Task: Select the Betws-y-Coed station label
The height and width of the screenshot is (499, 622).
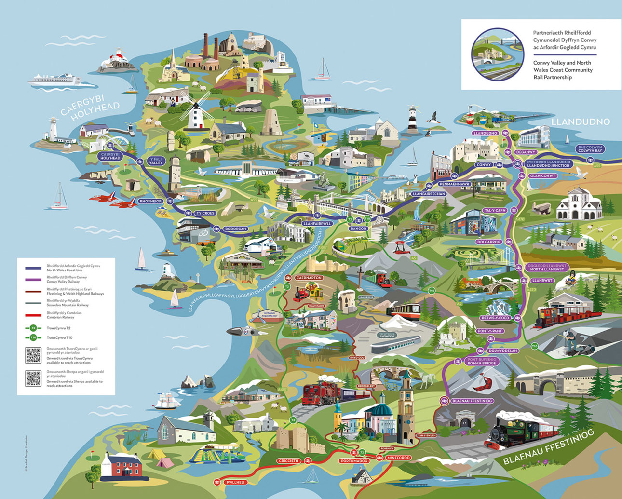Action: coord(495,318)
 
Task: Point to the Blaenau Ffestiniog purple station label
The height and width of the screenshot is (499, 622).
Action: coord(473,401)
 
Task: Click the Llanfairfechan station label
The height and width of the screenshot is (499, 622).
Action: coord(426,194)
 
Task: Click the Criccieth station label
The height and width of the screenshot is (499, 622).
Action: coord(289,461)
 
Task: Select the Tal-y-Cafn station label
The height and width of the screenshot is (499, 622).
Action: coord(495,210)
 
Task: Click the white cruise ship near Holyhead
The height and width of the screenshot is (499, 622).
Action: coord(54,79)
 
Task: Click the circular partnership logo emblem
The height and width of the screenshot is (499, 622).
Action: coord(497,54)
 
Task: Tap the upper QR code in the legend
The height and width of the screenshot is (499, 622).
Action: coord(33,356)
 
